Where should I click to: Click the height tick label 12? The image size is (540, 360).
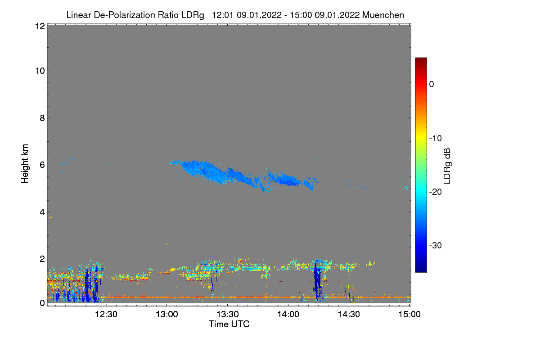point(39,26)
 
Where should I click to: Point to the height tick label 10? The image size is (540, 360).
point(39,71)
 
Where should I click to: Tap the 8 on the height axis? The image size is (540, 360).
point(42,118)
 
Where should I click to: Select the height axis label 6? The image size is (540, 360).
point(42,165)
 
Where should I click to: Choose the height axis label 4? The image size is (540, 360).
point(42,211)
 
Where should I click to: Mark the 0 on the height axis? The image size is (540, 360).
point(42,303)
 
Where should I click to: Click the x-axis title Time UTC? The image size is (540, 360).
point(229,324)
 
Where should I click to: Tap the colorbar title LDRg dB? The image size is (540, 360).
point(447,165)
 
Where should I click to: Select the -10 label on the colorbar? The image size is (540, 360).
point(435,138)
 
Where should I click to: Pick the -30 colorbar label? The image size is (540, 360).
point(435,245)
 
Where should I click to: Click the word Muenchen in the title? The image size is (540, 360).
point(383,15)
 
